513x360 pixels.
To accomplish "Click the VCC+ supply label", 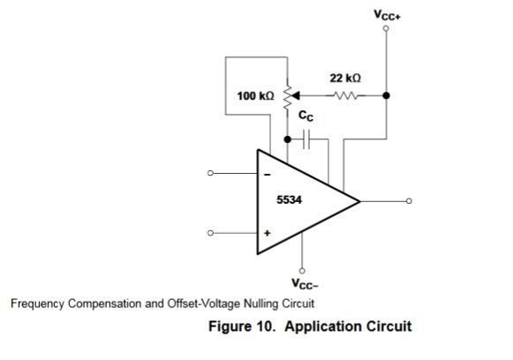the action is click(x=387, y=15).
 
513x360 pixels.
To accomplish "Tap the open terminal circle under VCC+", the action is click(x=386, y=28).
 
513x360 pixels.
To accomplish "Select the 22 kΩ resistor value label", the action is click(x=345, y=79).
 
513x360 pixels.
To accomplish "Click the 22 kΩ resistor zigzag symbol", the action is click(x=346, y=96).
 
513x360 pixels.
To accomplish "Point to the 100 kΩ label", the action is click(x=255, y=96).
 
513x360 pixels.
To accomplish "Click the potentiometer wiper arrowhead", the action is click(x=296, y=96).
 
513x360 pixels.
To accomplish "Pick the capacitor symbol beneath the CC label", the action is click(x=306, y=139).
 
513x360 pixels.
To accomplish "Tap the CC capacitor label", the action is click(x=306, y=116).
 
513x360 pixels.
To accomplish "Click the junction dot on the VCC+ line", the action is click(x=387, y=95).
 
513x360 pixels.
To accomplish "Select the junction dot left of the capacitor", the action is click(x=288, y=139).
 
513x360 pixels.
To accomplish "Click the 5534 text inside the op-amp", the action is click(x=290, y=199).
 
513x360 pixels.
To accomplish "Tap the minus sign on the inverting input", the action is click(x=268, y=175).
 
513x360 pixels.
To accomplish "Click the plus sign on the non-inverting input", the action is click(x=268, y=233).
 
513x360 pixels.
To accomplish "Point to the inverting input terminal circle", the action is click(x=210, y=173).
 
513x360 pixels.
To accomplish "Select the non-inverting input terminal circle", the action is click(x=210, y=233).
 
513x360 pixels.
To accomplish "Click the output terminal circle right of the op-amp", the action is click(x=409, y=201).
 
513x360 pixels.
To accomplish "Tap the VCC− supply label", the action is click(x=305, y=284).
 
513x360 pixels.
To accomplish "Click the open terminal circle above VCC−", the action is click(x=302, y=271).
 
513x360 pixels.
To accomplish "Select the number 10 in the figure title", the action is click(x=264, y=326).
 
